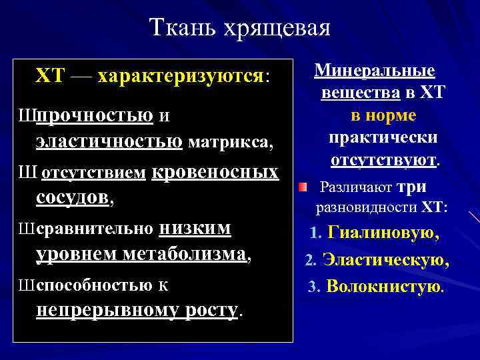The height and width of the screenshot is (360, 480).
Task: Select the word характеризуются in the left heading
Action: (x=181, y=75)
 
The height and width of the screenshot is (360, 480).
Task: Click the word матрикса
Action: (x=230, y=141)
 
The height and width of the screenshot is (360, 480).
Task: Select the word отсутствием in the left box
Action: (x=94, y=173)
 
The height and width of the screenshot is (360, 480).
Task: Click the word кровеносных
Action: (x=215, y=172)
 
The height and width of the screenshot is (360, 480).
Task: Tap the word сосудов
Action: (x=73, y=197)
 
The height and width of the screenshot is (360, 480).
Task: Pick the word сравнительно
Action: (x=95, y=229)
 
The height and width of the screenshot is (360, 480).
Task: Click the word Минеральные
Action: (x=375, y=71)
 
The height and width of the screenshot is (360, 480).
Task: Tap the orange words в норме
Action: (x=383, y=115)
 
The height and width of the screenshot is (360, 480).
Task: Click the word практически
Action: (x=383, y=138)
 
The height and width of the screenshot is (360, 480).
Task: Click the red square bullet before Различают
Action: (x=303, y=187)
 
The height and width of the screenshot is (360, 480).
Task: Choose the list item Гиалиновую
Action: (x=383, y=234)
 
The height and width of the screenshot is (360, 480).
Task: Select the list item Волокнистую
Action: (x=384, y=287)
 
